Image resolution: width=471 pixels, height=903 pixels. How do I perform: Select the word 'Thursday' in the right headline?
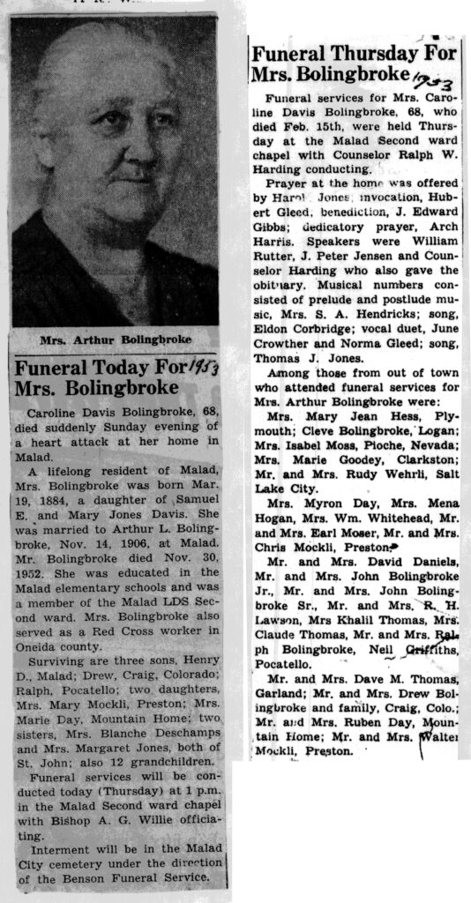(x=361, y=55)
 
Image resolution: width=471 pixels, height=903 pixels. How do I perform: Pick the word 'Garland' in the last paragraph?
(x=277, y=694)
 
